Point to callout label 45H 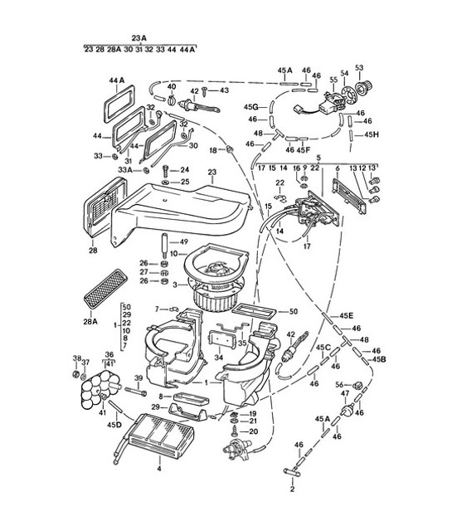click(371, 134)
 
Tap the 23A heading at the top click(138, 37)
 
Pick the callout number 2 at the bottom click(291, 489)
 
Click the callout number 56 click(339, 384)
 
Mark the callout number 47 click(345, 392)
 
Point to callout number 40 click(172, 86)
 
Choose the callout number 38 click(77, 359)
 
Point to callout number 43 click(224, 90)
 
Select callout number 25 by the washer click(185, 182)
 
